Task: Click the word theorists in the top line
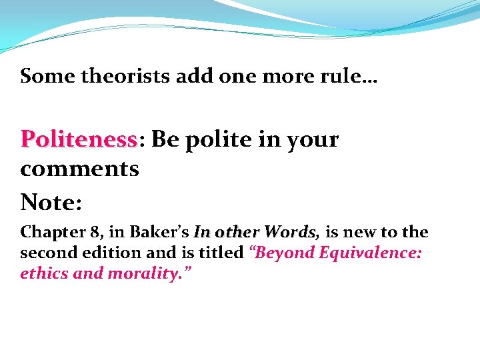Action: pos(125,76)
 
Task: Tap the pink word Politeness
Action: pos(79,140)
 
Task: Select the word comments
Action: pos(79,169)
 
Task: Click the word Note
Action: pos(49,201)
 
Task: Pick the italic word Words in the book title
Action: pos(291,233)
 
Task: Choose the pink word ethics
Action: pos(43,273)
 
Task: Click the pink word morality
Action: pos(153,273)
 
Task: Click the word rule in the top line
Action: pos(353,76)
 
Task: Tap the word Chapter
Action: pos(49,233)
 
